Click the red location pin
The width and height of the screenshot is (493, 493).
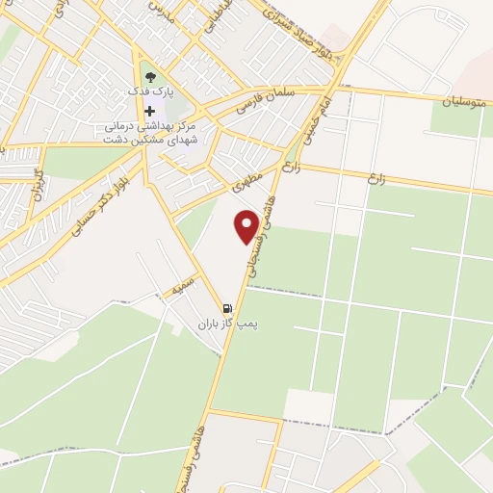pyautogui.click(x=247, y=225)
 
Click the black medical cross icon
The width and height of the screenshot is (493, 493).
pyautogui.click(x=149, y=111)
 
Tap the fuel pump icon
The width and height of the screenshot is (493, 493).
pyautogui.click(x=226, y=309)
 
